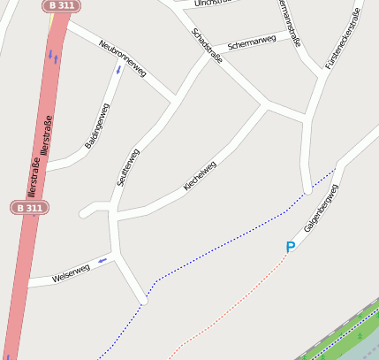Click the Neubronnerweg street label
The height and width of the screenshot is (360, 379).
pos(123,57)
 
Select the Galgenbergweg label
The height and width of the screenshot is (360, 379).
pos(321,209)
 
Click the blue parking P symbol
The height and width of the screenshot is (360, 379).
pos(290,248)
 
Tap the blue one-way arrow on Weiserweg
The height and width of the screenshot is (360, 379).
pos(103,260)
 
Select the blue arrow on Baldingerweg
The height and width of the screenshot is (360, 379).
pos(118,69)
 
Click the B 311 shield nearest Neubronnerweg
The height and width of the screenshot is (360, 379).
pos(61,5)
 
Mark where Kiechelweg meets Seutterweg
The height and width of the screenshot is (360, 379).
pos(113,214)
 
